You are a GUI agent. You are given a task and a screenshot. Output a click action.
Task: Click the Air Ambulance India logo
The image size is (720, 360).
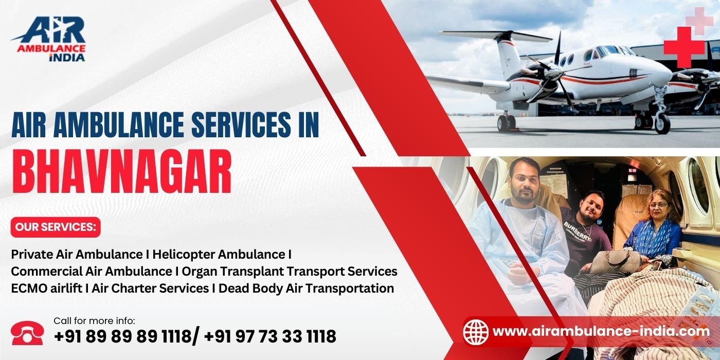(49, 39)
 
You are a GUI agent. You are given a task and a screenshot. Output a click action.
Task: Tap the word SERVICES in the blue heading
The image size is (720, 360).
(241, 124)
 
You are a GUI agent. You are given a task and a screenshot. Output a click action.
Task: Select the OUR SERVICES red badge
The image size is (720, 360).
(56, 227)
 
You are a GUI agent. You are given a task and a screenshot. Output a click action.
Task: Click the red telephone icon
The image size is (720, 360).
(27, 333)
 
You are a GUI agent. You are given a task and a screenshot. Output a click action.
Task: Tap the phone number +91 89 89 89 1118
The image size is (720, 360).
(123, 336)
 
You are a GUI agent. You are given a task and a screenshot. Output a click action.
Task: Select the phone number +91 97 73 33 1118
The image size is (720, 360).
(270, 336)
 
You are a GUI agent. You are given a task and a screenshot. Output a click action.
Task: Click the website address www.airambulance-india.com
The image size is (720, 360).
(601, 331)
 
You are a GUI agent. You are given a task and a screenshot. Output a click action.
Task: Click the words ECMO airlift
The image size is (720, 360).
(47, 289)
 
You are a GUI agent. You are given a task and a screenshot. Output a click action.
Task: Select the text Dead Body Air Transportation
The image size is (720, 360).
(307, 289)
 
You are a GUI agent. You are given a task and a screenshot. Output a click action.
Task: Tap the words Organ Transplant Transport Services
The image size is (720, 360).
(290, 272)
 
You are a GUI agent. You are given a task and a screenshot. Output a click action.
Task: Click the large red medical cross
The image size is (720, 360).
(684, 47)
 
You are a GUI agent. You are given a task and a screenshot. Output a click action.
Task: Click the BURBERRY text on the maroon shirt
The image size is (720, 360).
(577, 231)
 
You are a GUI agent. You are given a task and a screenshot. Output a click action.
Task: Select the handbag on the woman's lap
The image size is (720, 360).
(615, 262)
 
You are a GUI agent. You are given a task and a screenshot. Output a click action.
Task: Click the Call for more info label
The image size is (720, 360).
(95, 321)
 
